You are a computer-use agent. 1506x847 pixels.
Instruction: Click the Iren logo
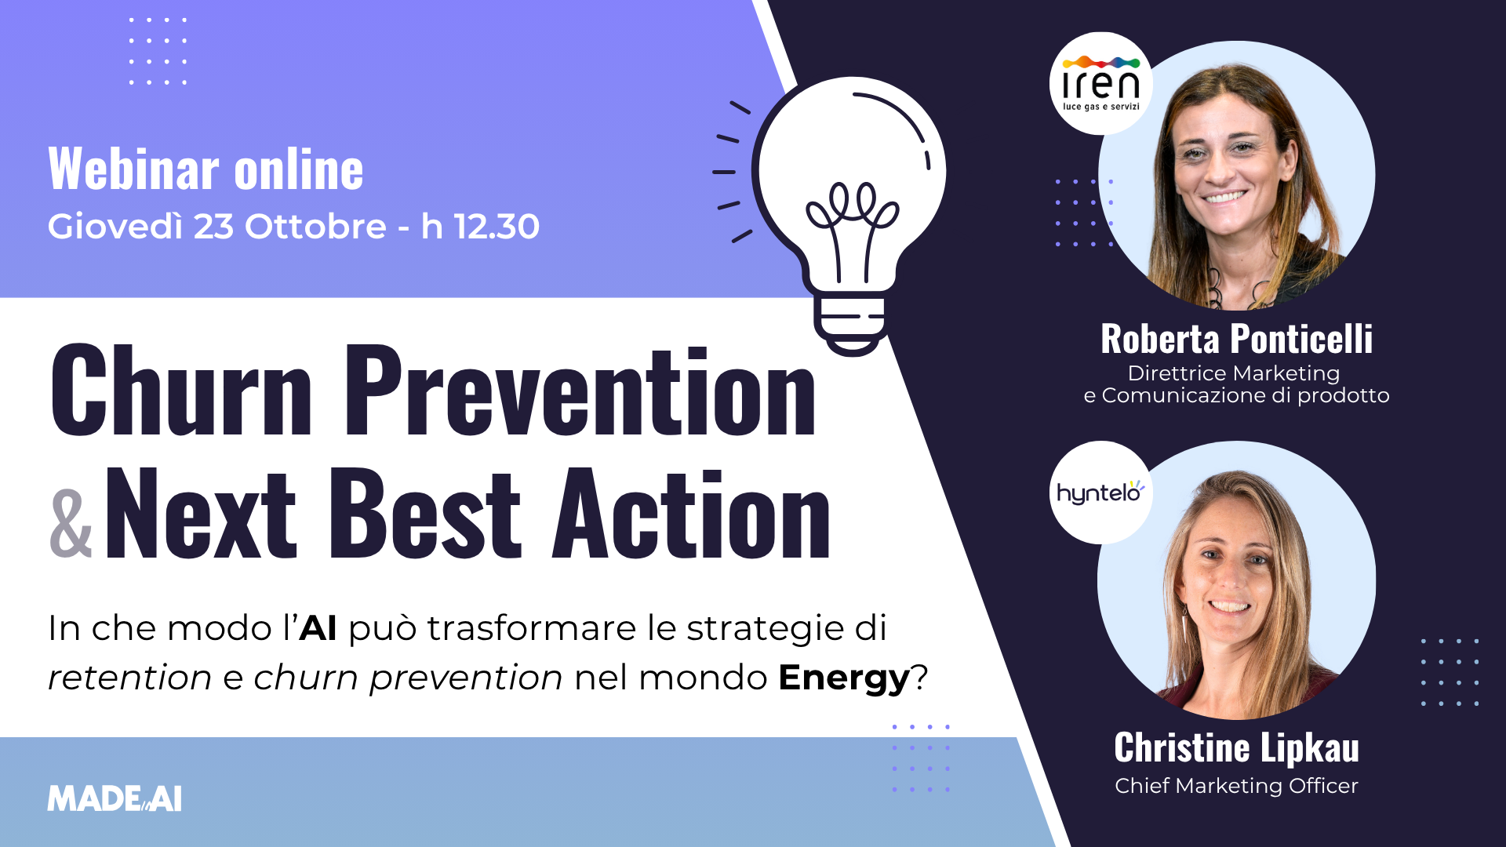pos(1100,84)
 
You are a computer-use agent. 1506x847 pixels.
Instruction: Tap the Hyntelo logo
pos(1100,493)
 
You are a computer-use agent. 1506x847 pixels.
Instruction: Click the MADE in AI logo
pos(115,799)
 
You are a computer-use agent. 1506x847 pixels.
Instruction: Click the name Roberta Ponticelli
pos(1236,340)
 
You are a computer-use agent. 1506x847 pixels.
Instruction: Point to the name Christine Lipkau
pos(1236,748)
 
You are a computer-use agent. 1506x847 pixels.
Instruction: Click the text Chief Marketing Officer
pos(1236,786)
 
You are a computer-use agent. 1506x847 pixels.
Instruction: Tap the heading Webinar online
pos(206,169)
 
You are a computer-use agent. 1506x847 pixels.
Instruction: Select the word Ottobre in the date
pos(315,227)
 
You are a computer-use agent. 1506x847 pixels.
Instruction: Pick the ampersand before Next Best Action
pos(71,524)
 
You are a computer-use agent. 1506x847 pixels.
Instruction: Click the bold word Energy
pos(844,678)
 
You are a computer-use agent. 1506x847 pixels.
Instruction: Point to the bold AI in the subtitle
pos(318,628)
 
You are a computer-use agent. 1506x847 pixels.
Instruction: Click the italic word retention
pos(129,678)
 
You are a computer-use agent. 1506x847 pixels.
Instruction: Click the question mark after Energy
pos(920,678)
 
